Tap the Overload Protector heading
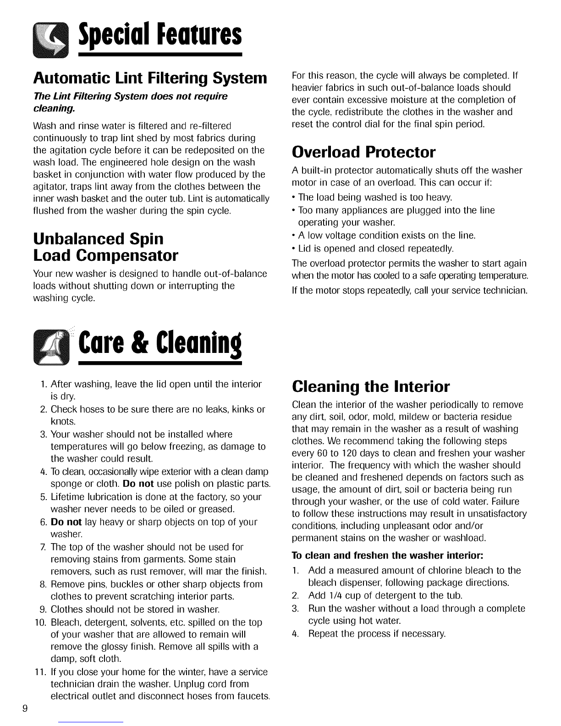(x=363, y=151)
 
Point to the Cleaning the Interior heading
(x=371, y=386)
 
